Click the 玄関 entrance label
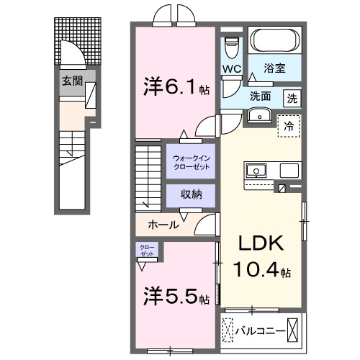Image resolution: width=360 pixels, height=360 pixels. pyautogui.click(x=71, y=81)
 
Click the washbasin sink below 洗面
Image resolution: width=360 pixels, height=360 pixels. pyautogui.click(x=258, y=115)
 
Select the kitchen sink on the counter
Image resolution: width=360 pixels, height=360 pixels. pyautogui.click(x=256, y=171)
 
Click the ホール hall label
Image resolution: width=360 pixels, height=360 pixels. pyautogui.click(x=163, y=225)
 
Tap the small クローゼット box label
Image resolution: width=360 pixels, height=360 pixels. pyautogui.click(x=147, y=251)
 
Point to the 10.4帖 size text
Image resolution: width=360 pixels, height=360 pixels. pyautogui.click(x=261, y=271)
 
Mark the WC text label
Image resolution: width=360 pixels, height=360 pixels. pyautogui.click(x=231, y=69)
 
